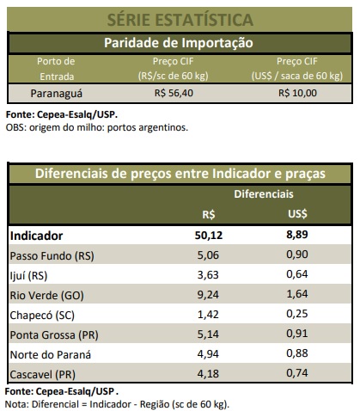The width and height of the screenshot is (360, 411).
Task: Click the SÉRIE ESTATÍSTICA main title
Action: coord(180,20)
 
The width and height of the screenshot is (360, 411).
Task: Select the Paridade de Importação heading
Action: coord(179,43)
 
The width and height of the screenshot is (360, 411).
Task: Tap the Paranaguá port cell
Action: coord(57,94)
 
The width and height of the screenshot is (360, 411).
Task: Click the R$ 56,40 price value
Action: coord(174,93)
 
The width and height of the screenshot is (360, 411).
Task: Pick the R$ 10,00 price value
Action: coord(297,93)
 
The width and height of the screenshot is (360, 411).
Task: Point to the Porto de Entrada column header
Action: coord(56,69)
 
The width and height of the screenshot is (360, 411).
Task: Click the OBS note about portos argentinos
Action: coord(97,127)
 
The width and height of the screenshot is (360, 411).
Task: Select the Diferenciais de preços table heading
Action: coord(180,174)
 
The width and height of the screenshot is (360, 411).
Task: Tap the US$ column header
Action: coord(297,214)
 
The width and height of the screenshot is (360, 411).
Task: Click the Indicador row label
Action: coord(36,236)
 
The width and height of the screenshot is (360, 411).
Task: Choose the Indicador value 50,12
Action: coord(209,236)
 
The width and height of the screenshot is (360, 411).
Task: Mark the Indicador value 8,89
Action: coord(297,235)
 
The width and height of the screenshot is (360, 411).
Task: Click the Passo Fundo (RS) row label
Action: coord(52,255)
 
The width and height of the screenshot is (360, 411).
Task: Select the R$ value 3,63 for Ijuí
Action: coord(208,275)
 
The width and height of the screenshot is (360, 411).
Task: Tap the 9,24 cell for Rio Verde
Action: coord(208,295)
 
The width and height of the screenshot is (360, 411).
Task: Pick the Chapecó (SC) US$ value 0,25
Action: coord(297,314)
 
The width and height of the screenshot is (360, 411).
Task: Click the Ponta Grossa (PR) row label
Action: coord(54,334)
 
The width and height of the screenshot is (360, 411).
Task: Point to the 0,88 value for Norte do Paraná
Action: coord(297,353)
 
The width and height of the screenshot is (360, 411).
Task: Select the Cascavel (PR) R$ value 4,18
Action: coord(208,374)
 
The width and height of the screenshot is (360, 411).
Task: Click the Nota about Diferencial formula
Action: coord(117,404)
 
